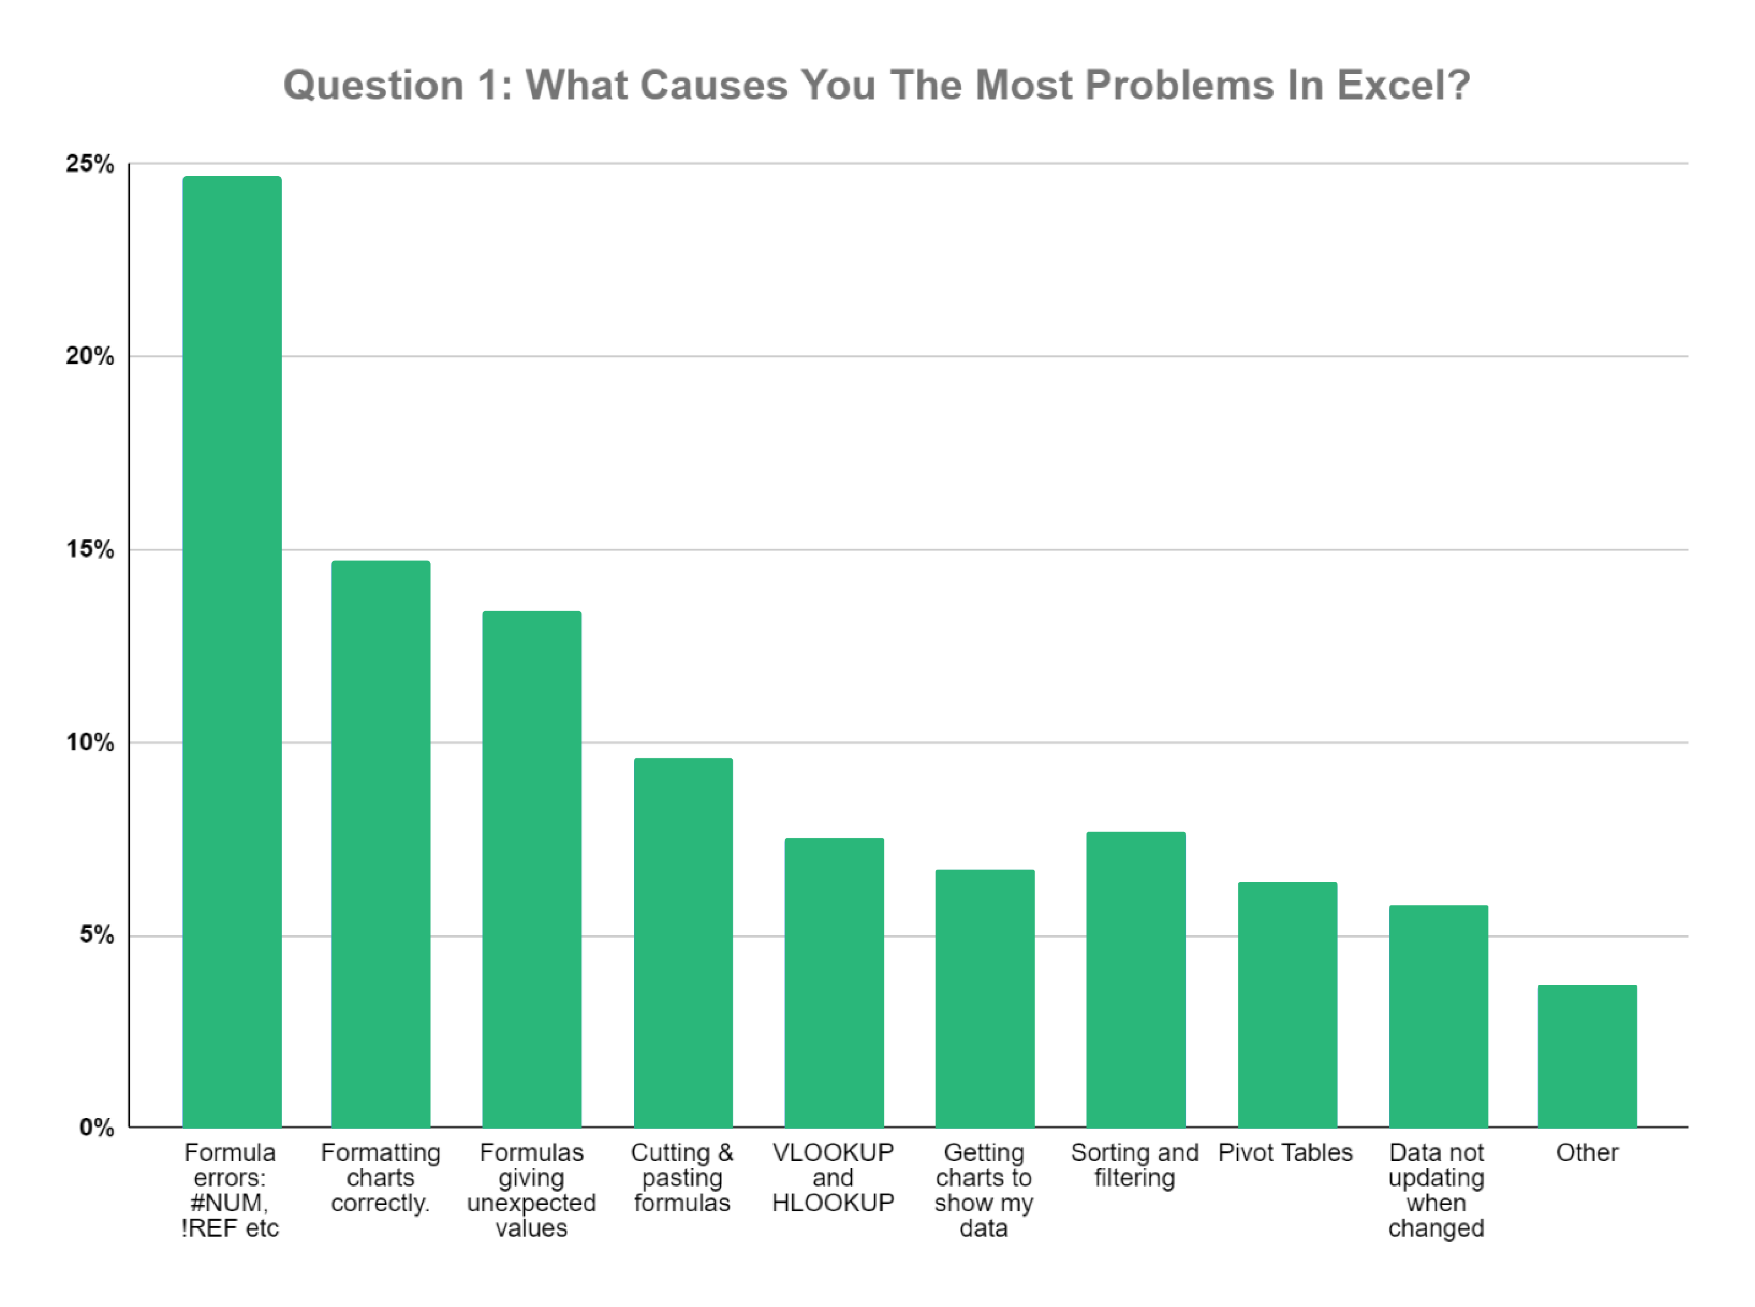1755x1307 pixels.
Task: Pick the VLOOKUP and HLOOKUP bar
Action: click(x=833, y=982)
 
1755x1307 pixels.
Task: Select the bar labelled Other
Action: click(x=1587, y=1056)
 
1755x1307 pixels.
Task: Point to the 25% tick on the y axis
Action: click(x=89, y=164)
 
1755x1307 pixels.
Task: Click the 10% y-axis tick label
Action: click(x=89, y=742)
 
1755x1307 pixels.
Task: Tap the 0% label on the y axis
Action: click(x=96, y=1127)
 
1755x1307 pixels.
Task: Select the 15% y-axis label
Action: click(x=89, y=549)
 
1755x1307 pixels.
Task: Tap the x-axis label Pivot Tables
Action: click(x=1285, y=1153)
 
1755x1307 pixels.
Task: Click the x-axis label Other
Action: click(x=1587, y=1153)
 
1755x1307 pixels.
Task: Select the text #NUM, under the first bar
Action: click(x=230, y=1203)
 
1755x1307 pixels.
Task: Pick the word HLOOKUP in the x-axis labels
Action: click(x=833, y=1203)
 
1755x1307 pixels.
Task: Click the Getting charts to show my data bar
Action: click(x=985, y=999)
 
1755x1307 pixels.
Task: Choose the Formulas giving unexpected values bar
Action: click(x=531, y=869)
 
